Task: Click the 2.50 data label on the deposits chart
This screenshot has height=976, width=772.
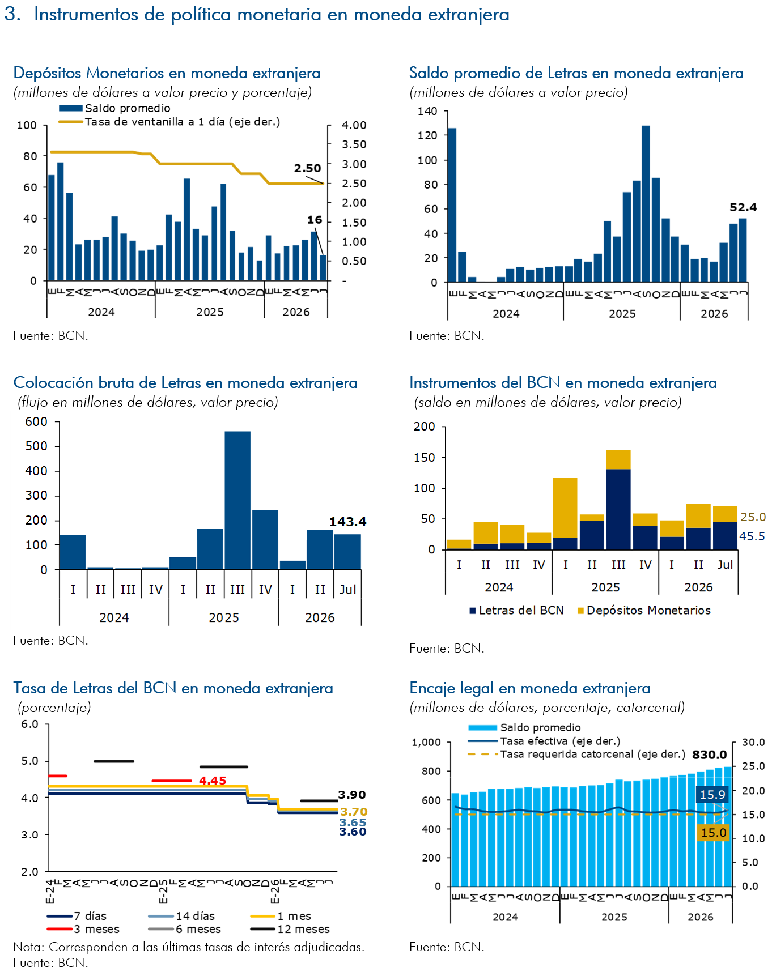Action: [x=307, y=168]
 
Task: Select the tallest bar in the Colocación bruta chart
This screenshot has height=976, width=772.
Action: [x=237, y=500]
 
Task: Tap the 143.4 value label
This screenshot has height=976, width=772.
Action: [x=347, y=522]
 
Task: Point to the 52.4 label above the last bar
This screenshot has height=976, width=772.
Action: [x=743, y=207]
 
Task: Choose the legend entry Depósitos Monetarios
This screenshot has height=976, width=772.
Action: [x=644, y=610]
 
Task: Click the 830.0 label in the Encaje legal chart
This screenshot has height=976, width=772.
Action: [x=709, y=755]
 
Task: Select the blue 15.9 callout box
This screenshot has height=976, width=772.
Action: [x=712, y=795]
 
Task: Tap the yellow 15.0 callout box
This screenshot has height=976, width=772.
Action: [x=714, y=833]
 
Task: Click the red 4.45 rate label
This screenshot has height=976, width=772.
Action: [x=213, y=781]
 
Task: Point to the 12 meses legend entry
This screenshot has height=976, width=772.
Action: [x=290, y=929]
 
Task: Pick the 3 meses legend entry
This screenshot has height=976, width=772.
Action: [x=83, y=929]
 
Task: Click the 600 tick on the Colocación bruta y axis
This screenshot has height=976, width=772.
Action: [x=36, y=421]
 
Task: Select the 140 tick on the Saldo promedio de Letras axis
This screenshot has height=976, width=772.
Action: [x=427, y=111]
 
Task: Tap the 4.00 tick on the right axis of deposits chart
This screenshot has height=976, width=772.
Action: [x=354, y=125]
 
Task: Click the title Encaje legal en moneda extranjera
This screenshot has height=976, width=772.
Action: [x=530, y=688]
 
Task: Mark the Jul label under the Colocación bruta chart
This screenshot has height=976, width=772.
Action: [x=347, y=590]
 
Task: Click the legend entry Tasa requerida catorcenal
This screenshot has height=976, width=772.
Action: [x=576, y=755]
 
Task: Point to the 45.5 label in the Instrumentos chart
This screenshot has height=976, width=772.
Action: [x=752, y=536]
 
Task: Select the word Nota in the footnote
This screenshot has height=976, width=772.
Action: [x=27, y=947]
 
